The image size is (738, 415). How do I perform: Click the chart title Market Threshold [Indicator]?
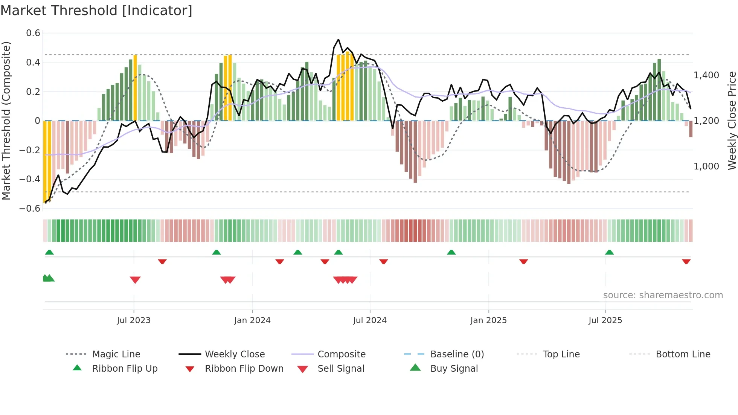(96, 11)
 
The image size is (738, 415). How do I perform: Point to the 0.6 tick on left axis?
(33, 33)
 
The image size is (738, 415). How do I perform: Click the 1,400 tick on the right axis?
(706, 75)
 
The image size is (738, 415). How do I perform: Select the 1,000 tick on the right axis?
(706, 166)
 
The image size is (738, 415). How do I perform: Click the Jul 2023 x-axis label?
(134, 320)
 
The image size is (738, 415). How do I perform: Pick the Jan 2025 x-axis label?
(488, 320)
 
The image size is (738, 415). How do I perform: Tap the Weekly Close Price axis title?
(732, 121)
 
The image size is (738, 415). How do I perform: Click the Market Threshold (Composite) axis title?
(6, 121)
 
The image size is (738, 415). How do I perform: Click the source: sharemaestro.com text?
(663, 295)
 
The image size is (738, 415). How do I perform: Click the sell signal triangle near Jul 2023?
(135, 280)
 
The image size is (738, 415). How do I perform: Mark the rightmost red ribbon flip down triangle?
(686, 261)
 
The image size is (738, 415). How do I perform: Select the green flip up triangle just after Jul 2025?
(609, 252)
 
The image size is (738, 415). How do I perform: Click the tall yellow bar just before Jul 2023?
(135, 88)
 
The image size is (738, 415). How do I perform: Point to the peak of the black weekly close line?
(338, 39)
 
